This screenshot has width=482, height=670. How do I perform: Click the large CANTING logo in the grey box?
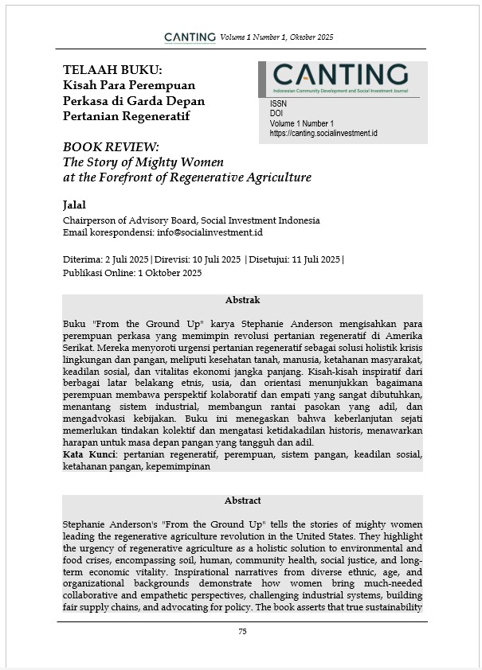click(x=340, y=75)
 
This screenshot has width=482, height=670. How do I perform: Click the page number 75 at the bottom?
click(x=241, y=631)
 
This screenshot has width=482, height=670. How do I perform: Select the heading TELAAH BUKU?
click(x=112, y=69)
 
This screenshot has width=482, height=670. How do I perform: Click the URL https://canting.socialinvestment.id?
click(x=323, y=134)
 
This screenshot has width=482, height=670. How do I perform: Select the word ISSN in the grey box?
click(x=279, y=103)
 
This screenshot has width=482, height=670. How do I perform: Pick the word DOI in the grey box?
click(x=277, y=114)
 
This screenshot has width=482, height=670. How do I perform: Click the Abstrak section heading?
click(x=242, y=300)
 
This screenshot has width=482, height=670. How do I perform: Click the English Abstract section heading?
click(x=242, y=501)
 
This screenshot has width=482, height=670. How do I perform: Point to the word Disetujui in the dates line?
click(x=271, y=259)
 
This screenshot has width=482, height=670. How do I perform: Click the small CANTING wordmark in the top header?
click(x=190, y=37)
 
